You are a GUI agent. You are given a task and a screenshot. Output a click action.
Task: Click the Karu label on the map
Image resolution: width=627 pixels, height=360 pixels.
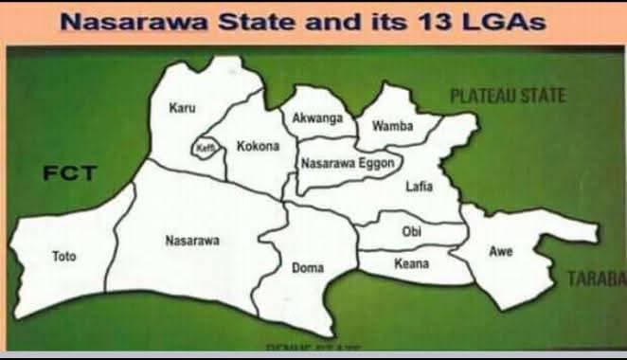pos(182,108)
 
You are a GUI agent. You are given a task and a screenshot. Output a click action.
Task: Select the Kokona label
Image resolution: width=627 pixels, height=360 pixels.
pos(258,147)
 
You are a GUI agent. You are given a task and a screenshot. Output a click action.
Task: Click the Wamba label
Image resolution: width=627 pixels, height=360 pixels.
pos(392,126)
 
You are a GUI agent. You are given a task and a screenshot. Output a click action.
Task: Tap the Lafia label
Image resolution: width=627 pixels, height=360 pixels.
pos(419,187)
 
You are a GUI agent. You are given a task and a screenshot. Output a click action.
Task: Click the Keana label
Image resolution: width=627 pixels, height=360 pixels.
pos(411,262)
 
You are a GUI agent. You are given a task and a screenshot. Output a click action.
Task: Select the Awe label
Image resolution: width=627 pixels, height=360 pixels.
pos(500,251)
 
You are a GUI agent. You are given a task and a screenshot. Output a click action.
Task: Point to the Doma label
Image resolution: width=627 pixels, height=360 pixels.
pos(308,268)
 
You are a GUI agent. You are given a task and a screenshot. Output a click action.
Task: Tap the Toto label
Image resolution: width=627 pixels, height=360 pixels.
pos(64,256)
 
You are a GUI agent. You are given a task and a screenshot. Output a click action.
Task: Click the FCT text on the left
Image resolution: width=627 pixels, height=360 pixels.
pos(70,173)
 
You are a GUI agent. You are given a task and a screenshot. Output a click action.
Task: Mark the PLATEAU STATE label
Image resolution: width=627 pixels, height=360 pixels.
pos(508,96)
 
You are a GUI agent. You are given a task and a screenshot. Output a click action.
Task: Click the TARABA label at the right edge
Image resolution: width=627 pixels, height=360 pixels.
pos(597,278)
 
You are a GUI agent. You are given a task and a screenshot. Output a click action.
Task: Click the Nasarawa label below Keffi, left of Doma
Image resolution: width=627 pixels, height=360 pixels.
pos(192,241)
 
